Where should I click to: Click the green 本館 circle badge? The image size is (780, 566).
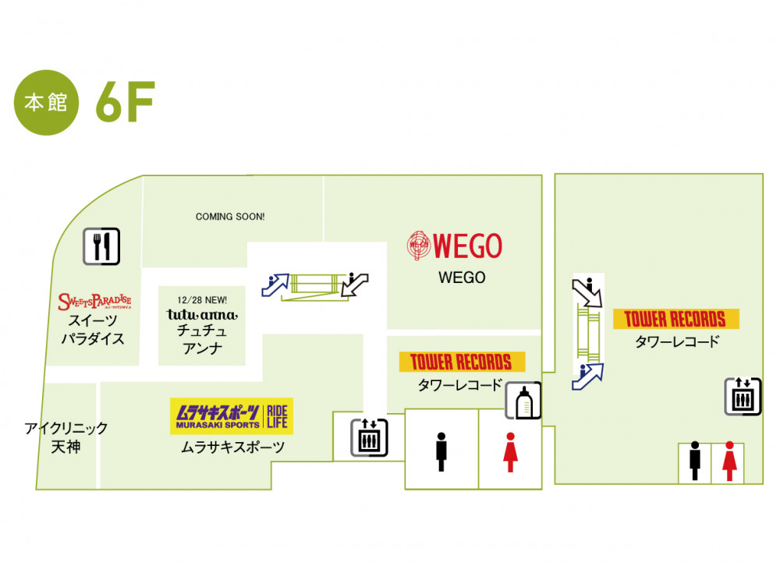pos(47,104)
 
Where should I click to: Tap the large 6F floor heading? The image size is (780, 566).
pos(125,104)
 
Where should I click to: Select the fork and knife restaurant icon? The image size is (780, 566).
pos(101,247)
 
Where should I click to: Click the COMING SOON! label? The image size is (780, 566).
pos(230,216)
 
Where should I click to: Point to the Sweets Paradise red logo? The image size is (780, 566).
pos(94,301)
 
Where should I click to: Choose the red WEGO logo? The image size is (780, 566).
pos(455,246)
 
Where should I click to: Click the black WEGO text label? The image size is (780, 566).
pos(462,278)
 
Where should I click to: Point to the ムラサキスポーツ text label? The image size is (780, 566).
pos(232,447)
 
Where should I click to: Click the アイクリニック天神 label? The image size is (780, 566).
pos(66,437)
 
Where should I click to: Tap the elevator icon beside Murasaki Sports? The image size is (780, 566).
pos(368,437)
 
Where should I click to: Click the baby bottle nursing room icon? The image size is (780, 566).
pos(523,402)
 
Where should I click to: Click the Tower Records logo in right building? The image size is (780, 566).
pos(675,319)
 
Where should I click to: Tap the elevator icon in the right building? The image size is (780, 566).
pos(742,397)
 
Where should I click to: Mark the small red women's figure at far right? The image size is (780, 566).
pos(730,461)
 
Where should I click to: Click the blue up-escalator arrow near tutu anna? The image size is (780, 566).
pos(276,285)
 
